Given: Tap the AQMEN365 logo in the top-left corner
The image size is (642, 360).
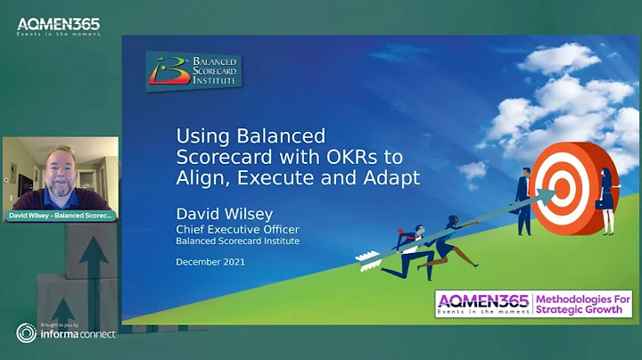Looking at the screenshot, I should [x=58, y=26].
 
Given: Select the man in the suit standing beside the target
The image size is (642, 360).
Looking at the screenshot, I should [x=525, y=200].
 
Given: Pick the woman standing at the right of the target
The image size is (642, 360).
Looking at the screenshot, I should [x=606, y=200].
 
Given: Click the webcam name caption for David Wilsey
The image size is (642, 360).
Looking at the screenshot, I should [x=60, y=216].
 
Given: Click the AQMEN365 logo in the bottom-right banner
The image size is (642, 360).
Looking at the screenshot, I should [x=482, y=303].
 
